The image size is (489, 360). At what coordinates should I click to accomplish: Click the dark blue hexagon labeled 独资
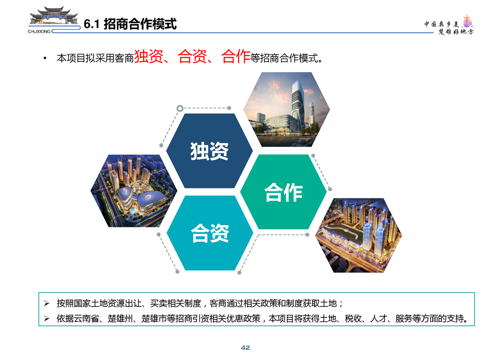pyautogui.click(x=209, y=151)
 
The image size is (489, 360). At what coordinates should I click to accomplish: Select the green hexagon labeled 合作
pyautogui.click(x=283, y=192)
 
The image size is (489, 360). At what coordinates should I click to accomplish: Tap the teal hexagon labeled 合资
pyautogui.click(x=210, y=233)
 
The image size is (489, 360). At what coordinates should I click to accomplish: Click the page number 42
pyautogui.click(x=246, y=348)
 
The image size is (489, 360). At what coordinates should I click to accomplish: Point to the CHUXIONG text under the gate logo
pyautogui.click(x=39, y=31)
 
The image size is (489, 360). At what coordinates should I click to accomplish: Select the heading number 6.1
pyautogui.click(x=91, y=24)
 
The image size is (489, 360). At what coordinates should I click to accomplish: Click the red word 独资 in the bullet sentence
pyautogui.click(x=149, y=56)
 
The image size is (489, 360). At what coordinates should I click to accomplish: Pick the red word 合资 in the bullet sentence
pyautogui.click(x=192, y=56)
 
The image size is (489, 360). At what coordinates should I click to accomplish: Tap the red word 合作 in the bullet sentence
pyautogui.click(x=236, y=56)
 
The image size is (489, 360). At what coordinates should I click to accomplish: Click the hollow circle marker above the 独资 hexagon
pyautogui.click(x=180, y=108)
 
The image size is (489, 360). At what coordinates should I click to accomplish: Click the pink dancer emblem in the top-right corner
pyautogui.click(x=467, y=21)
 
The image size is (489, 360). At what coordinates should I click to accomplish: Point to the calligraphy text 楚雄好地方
pyautogui.click(x=456, y=31)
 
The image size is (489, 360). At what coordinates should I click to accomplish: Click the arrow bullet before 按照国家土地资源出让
pyautogui.click(x=47, y=303)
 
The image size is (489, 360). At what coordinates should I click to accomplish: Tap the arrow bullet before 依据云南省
pyautogui.click(x=47, y=318)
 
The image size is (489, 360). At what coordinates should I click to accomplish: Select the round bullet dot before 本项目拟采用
pyautogui.click(x=45, y=58)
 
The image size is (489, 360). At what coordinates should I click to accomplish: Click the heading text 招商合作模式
pyautogui.click(x=140, y=24)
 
